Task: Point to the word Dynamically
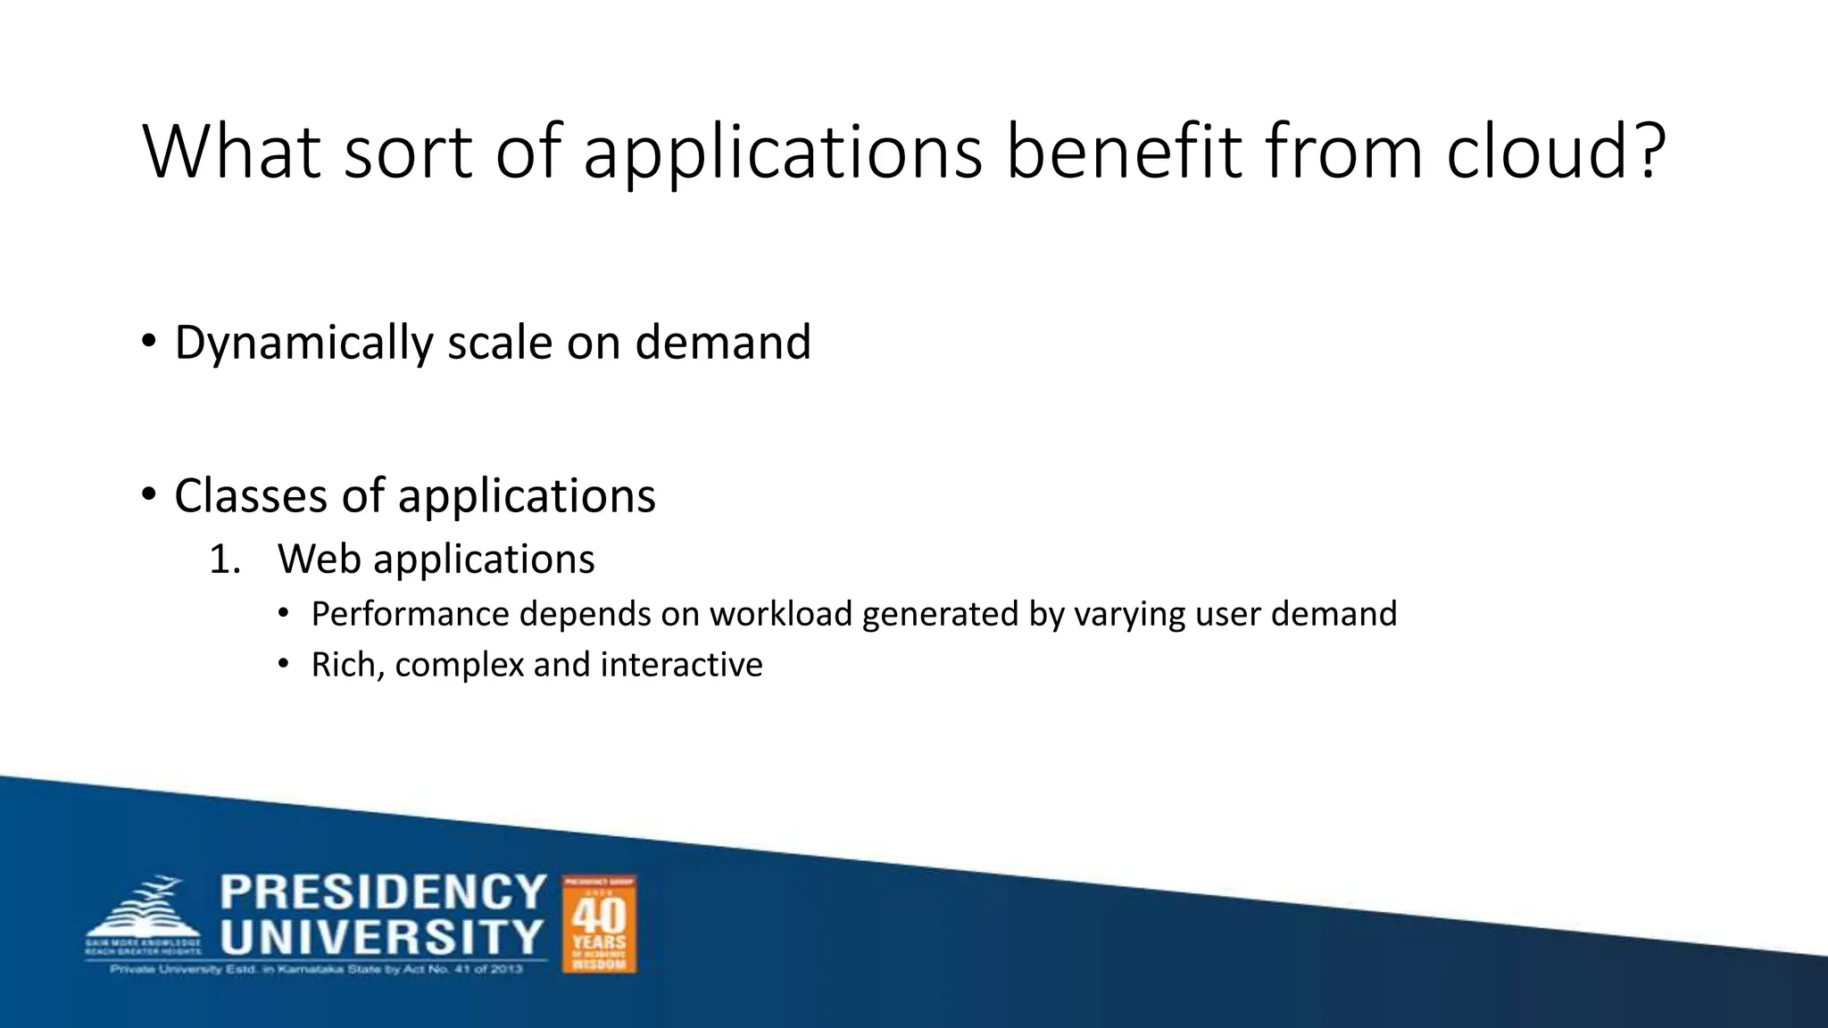pos(303,343)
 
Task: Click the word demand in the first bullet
pos(722,343)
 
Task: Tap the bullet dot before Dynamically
pos(148,340)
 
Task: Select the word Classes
pos(250,496)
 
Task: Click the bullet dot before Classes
pos(148,493)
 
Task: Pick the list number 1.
pos(224,560)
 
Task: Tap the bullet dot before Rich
pos(283,663)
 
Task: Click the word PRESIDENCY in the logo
pos(383,891)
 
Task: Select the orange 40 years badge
pos(599,924)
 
